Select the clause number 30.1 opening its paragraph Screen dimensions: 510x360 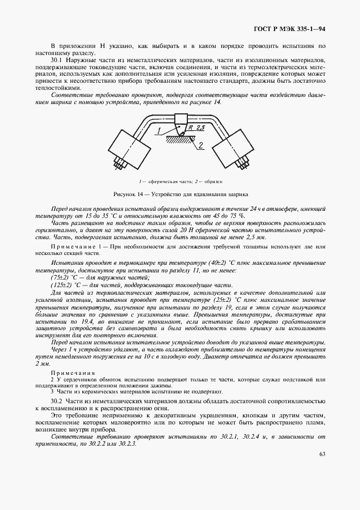tap(58, 58)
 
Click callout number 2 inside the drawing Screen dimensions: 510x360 tap(200, 145)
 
